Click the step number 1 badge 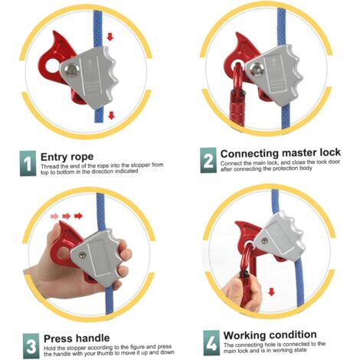(x=28, y=163)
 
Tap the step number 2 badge (x=208, y=160)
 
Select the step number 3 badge (x=31, y=345)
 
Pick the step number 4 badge (x=211, y=343)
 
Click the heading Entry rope (x=67, y=156)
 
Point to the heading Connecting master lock (x=280, y=153)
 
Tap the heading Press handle (x=77, y=339)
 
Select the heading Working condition (x=270, y=335)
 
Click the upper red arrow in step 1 (x=110, y=37)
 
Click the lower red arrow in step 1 (x=111, y=115)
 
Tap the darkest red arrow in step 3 (x=78, y=216)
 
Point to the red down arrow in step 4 (x=272, y=292)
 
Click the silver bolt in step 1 (x=72, y=70)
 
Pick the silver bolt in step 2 (x=256, y=70)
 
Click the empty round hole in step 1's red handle (x=53, y=67)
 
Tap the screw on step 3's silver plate (x=82, y=255)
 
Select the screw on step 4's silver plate (x=265, y=241)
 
